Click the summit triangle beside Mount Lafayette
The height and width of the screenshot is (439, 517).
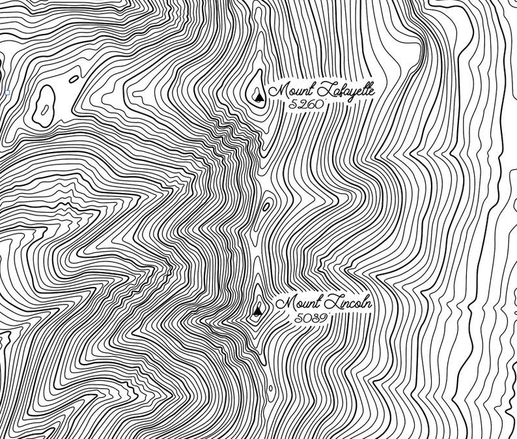[259, 98]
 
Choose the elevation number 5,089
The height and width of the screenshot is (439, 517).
[309, 318]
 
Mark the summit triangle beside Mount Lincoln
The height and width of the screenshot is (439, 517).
[258, 311]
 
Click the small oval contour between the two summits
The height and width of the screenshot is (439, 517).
[266, 207]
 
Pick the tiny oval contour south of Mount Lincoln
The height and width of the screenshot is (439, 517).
[271, 389]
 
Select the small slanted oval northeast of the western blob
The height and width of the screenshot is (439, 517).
[74, 79]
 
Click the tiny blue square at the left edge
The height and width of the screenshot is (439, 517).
[7, 93]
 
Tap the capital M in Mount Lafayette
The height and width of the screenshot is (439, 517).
[277, 90]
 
